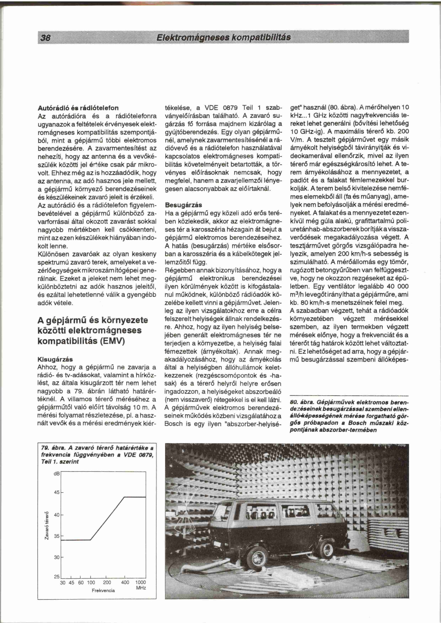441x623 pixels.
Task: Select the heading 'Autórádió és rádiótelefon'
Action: [78, 108]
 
